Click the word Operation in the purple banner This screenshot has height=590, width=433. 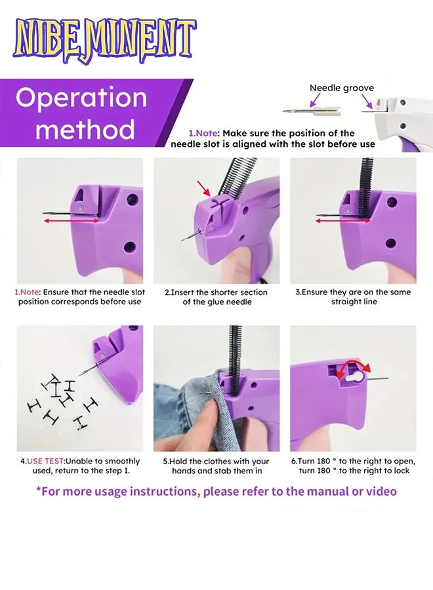[x=81, y=98]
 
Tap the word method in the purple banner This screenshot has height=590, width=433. [x=85, y=129]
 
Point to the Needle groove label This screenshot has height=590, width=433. [x=341, y=88]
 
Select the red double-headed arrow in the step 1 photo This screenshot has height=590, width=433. [x=70, y=221]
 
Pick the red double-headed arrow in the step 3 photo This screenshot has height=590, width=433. [x=342, y=221]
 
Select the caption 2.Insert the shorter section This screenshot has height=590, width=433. [x=216, y=292]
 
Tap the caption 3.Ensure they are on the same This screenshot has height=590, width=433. [x=354, y=292]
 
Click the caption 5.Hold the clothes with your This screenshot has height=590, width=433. [x=216, y=461]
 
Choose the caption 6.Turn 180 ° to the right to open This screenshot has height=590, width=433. [x=354, y=461]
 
